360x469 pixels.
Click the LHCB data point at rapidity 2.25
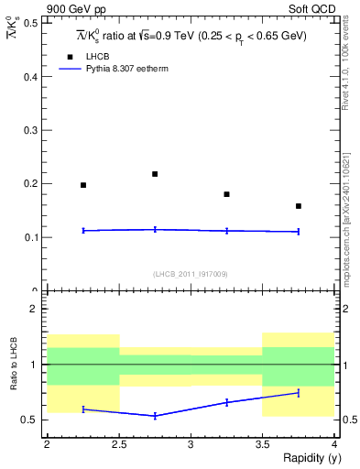83,185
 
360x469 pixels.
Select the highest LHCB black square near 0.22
155,173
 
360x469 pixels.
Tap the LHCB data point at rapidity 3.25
226,194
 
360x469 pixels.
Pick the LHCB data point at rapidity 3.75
299,206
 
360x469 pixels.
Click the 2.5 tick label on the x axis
119,444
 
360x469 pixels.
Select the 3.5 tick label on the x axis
262,444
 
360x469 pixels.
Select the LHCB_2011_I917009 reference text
191,274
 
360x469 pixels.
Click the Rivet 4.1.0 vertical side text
345,69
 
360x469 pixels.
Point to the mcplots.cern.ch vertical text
345,211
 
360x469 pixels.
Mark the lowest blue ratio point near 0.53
155,416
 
